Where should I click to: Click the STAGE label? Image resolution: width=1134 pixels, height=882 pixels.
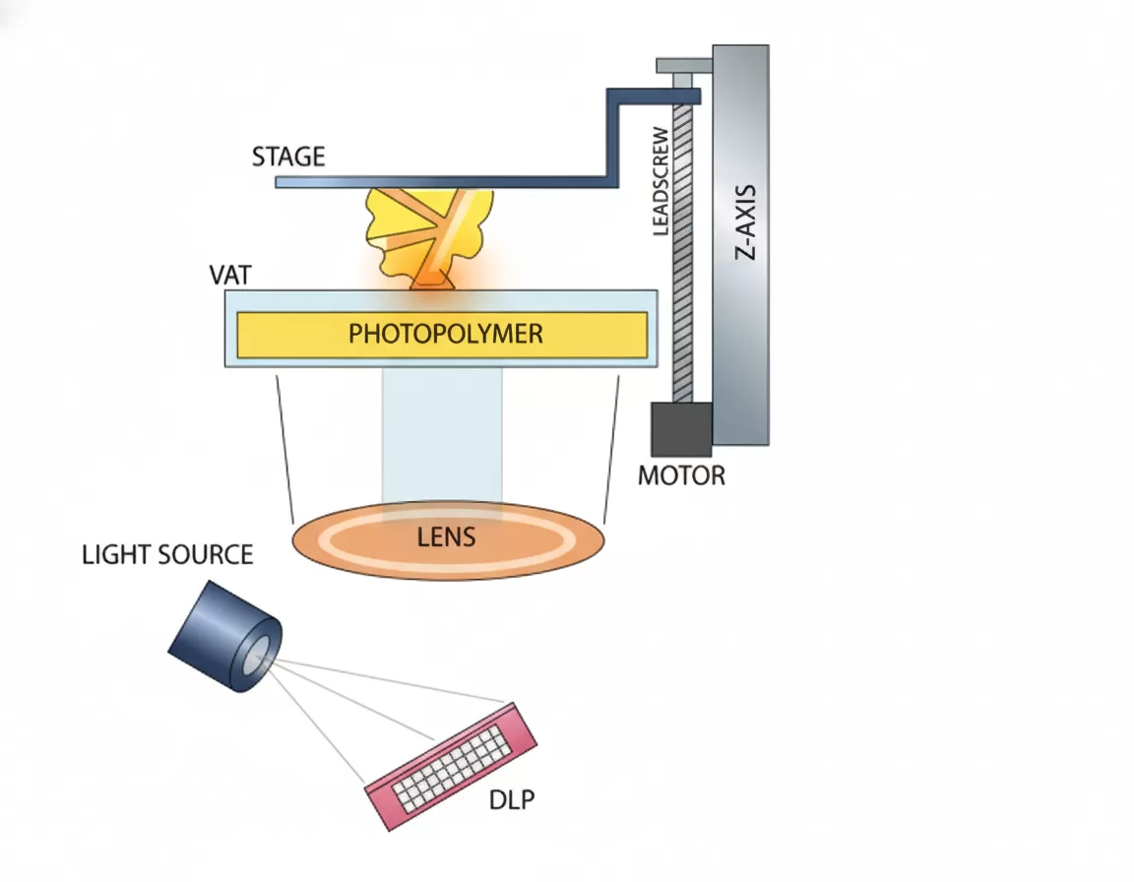point(287,157)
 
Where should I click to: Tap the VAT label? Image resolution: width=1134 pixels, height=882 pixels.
point(230,275)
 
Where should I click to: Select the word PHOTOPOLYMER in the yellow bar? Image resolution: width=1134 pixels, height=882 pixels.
point(445,334)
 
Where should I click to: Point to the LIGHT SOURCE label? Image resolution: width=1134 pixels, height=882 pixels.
point(167,554)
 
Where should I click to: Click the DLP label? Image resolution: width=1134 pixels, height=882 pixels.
point(511,800)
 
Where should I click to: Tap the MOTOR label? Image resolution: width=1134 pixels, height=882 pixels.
point(681,476)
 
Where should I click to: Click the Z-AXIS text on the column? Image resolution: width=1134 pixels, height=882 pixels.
point(746,221)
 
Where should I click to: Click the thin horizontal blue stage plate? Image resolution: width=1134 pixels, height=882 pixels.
point(443,181)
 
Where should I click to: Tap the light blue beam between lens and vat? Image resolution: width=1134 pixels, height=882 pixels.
point(442,433)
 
